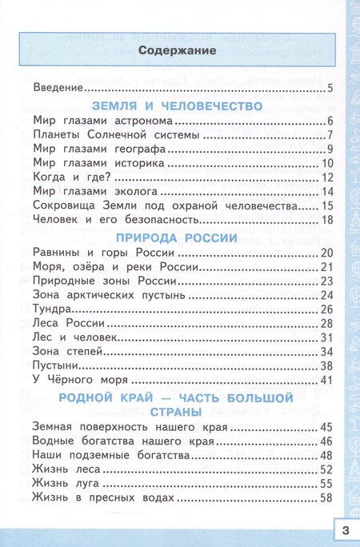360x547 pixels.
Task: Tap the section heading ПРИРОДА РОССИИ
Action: (177, 237)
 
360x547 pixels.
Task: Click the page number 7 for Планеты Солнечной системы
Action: (329, 134)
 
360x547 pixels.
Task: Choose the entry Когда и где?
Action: (71, 177)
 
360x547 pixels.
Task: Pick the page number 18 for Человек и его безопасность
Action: (326, 220)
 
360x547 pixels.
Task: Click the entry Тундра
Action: (54, 309)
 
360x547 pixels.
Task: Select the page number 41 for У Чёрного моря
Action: (326, 378)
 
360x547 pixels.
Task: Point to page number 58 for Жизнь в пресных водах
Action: (326, 497)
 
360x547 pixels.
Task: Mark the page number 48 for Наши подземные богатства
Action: (326, 455)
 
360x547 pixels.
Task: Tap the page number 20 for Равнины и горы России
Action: (326, 253)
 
